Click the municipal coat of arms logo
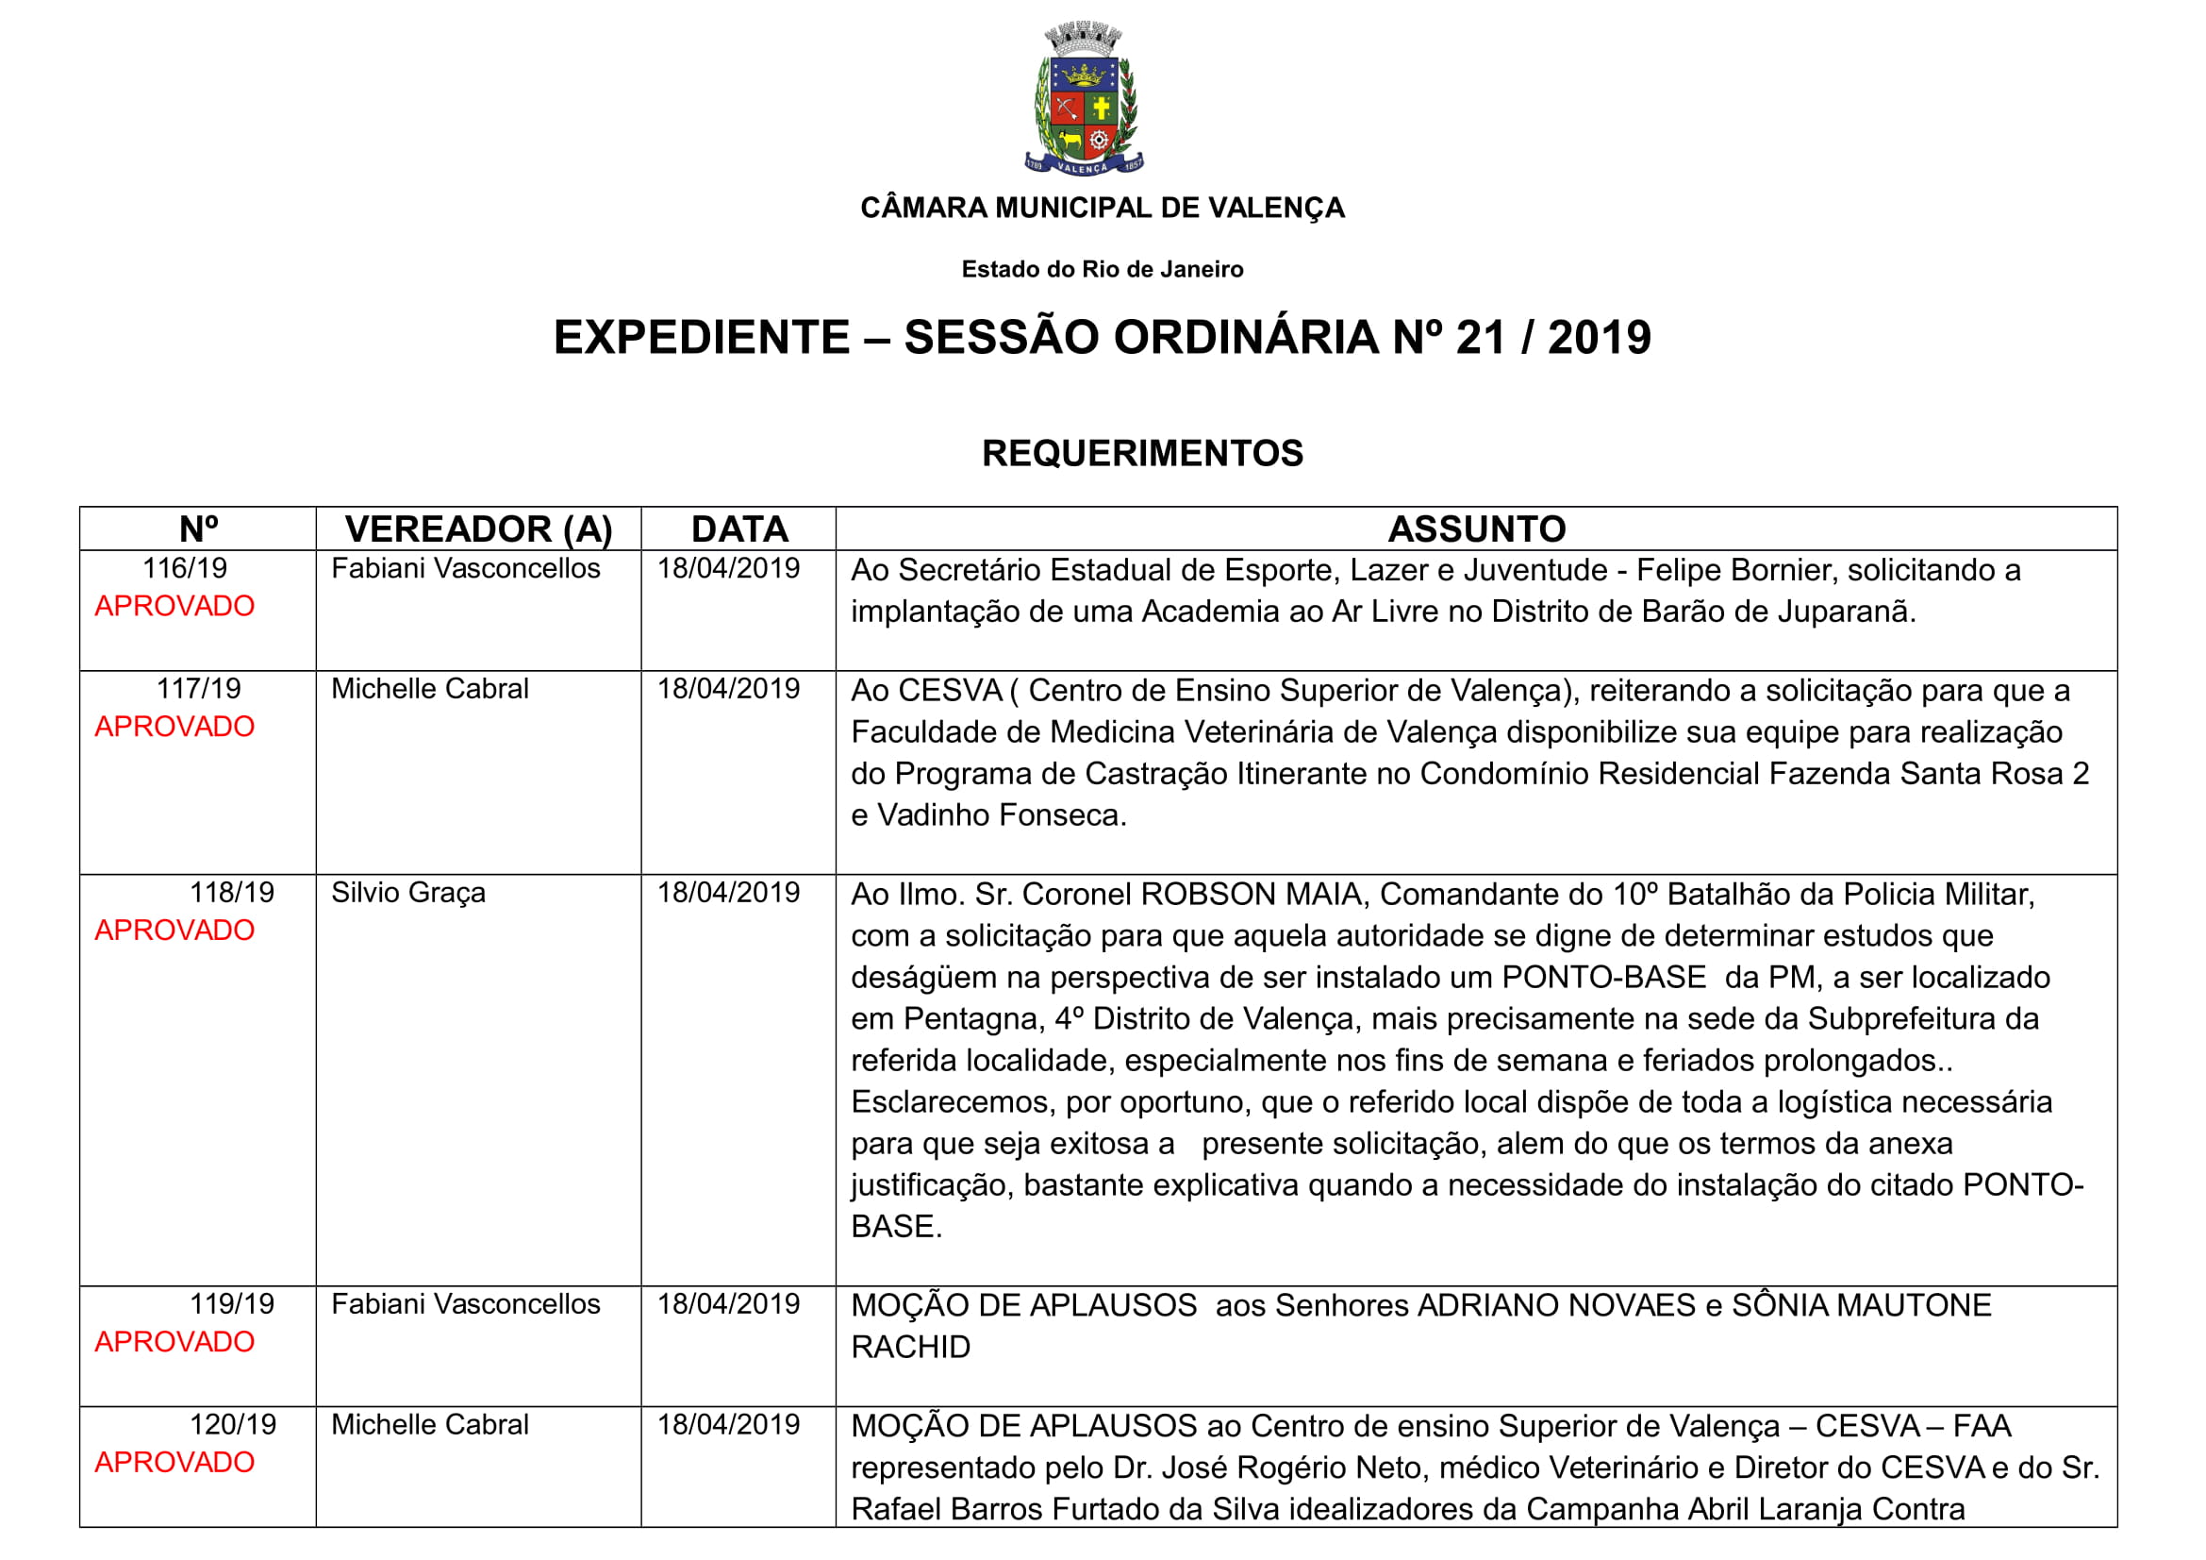pyautogui.click(x=1084, y=98)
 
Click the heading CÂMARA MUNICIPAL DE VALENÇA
pyautogui.click(x=1102, y=208)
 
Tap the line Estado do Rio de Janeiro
pyautogui.click(x=1102, y=269)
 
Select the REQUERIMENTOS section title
pyautogui.click(x=1141, y=453)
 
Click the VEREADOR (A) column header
pyautogui.click(x=478, y=528)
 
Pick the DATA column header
pyautogui.click(x=738, y=528)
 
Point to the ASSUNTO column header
pyautogui.click(x=1476, y=528)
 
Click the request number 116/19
pyautogui.click(x=185, y=568)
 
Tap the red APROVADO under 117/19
pyautogui.click(x=174, y=727)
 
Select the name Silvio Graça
pyautogui.click(x=408, y=893)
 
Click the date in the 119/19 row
pyautogui.click(x=728, y=1304)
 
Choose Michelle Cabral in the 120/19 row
pyautogui.click(x=429, y=1424)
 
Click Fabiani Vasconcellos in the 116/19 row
pyautogui.click(x=465, y=568)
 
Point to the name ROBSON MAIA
pyautogui.click(x=1251, y=895)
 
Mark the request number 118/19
pyautogui.click(x=232, y=893)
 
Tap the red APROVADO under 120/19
pyautogui.click(x=174, y=1462)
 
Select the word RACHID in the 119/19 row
pyautogui.click(x=910, y=1348)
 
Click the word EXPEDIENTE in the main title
pyautogui.click(x=702, y=337)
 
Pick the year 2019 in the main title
pyautogui.click(x=1599, y=337)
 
